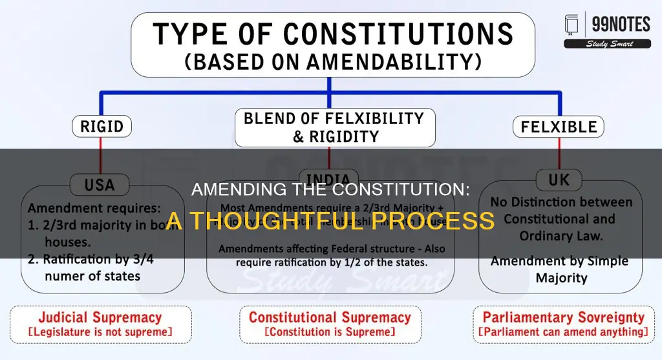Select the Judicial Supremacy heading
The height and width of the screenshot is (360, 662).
[x=100, y=317]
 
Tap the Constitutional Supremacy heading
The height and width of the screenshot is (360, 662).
[x=330, y=317]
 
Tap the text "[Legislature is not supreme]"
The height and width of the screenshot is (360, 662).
[x=100, y=332]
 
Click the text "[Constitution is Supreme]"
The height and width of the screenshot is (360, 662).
[x=330, y=332]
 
